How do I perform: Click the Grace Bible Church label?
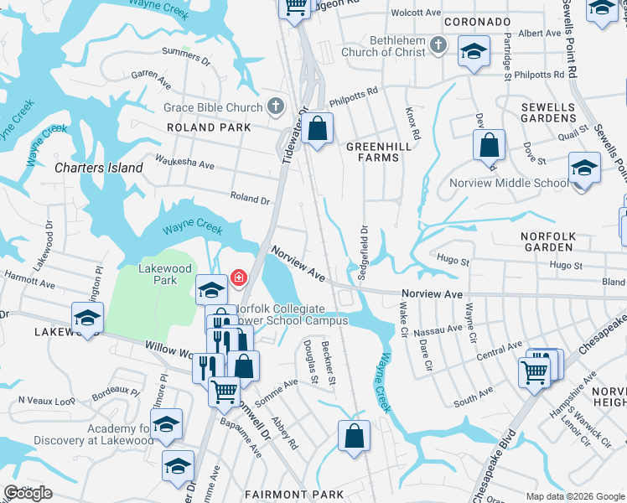(x=213, y=107)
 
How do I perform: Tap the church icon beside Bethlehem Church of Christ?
(x=437, y=44)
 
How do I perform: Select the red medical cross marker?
(x=239, y=277)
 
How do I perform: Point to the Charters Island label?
(x=98, y=168)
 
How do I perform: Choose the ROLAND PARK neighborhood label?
(x=209, y=127)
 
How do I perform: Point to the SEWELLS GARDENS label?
(x=548, y=113)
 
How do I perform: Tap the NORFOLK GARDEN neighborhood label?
(x=548, y=242)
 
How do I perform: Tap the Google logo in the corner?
(x=28, y=494)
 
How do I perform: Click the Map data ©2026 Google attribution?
(x=575, y=496)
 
